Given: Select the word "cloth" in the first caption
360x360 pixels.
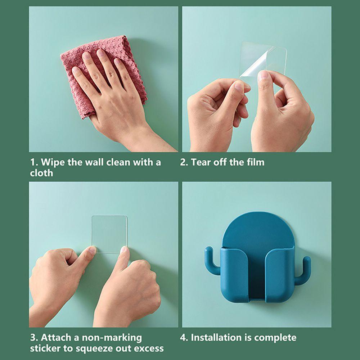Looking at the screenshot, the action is point(41,173).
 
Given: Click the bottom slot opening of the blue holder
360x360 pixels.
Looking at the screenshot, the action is point(257,298).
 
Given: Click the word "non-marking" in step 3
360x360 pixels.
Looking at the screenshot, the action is point(112,338).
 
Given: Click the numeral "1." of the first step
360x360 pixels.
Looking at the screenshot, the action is point(34,162).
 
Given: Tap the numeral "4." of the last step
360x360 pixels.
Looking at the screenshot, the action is point(184,338).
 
